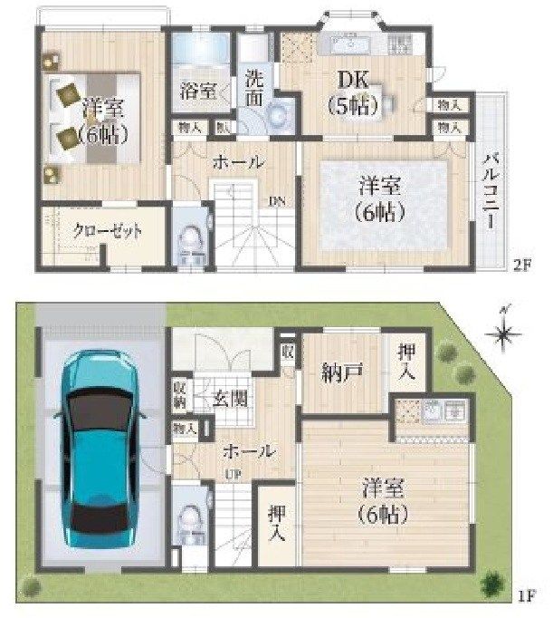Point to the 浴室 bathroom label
(x=197, y=92)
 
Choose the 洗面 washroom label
(x=254, y=89)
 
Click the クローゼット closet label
(x=108, y=231)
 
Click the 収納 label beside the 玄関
(x=180, y=394)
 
